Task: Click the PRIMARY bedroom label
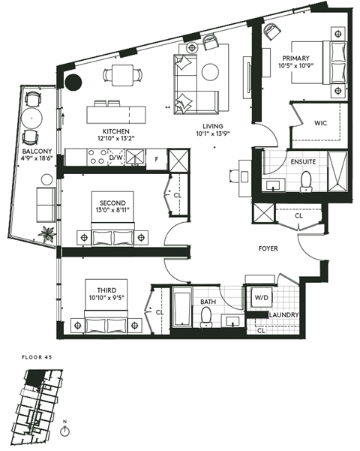coord(297,59)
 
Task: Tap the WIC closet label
coord(322,122)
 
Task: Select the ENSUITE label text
coord(303,161)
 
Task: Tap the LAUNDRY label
coord(284,315)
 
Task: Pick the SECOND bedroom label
coord(109,202)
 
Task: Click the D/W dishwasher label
coord(116,158)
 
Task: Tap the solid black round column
coord(73,83)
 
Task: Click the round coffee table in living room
coord(209,72)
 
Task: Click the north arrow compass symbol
coord(67,431)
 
